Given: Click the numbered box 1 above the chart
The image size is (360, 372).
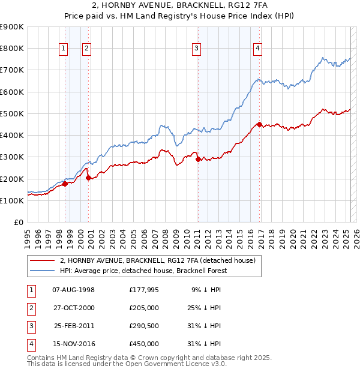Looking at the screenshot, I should pyautogui.click(x=64, y=49).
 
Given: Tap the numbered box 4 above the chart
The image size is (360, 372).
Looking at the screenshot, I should pyautogui.click(x=257, y=49).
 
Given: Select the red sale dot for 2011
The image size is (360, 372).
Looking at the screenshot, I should pyautogui.click(x=198, y=159).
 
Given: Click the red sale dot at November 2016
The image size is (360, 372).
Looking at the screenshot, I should pyautogui.click(x=259, y=125).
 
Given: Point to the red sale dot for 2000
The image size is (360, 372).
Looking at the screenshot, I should pyautogui.click(x=88, y=178).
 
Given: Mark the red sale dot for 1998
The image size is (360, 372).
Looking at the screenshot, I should pyautogui.click(x=65, y=184).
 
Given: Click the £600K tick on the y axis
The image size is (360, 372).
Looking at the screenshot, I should pyautogui.click(x=12, y=92).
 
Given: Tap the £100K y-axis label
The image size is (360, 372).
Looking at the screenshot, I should pyautogui.click(x=12, y=200).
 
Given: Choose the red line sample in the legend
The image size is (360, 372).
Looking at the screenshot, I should pyautogui.click(x=42, y=260).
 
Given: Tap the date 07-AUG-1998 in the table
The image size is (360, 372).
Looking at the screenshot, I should pyautogui.click(x=74, y=290).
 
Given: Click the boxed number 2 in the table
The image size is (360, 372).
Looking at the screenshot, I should pyautogui.click(x=31, y=308).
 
